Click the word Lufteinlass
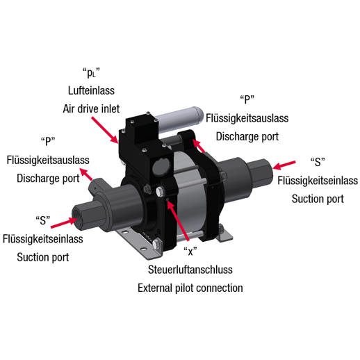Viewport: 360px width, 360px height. coord(91,90)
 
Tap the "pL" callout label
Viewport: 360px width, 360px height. coord(91,73)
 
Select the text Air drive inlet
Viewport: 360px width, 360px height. coord(91,108)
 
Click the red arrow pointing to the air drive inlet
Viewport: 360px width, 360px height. coord(105,130)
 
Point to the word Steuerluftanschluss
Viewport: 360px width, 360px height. coord(190,270)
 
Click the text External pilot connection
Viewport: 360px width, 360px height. coord(190,288)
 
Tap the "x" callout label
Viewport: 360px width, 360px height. coord(190,251)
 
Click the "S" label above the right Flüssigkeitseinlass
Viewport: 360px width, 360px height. coord(318,162)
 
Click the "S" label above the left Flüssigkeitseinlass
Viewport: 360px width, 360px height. coord(43,220)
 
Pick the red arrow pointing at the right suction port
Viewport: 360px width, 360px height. coord(284,165)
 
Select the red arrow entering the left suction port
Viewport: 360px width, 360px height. coord(64,223)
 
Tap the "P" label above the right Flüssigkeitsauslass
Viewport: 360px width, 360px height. coord(247,99)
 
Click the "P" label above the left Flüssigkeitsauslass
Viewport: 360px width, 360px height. coord(48,141)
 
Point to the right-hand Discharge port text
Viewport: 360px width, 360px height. coord(247,136)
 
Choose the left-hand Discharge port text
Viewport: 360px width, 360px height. coord(48,179)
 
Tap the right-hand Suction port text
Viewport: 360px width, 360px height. coord(318,199)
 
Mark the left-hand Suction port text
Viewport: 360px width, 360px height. coord(43,257)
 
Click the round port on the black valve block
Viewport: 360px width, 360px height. coord(161,166)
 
